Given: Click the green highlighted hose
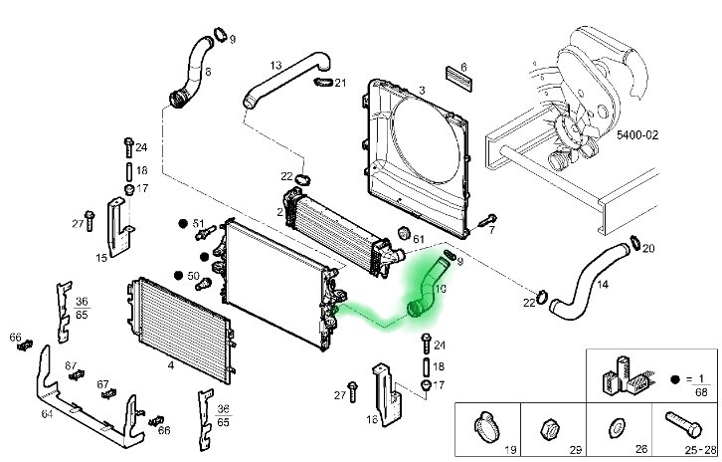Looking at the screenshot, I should (x=427, y=289).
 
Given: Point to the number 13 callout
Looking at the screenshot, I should (x=275, y=65).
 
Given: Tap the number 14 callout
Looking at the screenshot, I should (x=603, y=284).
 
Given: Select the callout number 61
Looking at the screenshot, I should (x=418, y=240).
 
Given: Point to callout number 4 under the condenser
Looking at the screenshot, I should (x=171, y=365).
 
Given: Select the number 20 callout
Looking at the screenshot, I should (x=647, y=249).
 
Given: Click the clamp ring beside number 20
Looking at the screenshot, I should (x=632, y=241).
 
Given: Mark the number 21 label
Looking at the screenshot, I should (x=340, y=83).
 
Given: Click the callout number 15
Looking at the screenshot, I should (x=101, y=258).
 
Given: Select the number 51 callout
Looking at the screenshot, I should (x=197, y=223).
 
